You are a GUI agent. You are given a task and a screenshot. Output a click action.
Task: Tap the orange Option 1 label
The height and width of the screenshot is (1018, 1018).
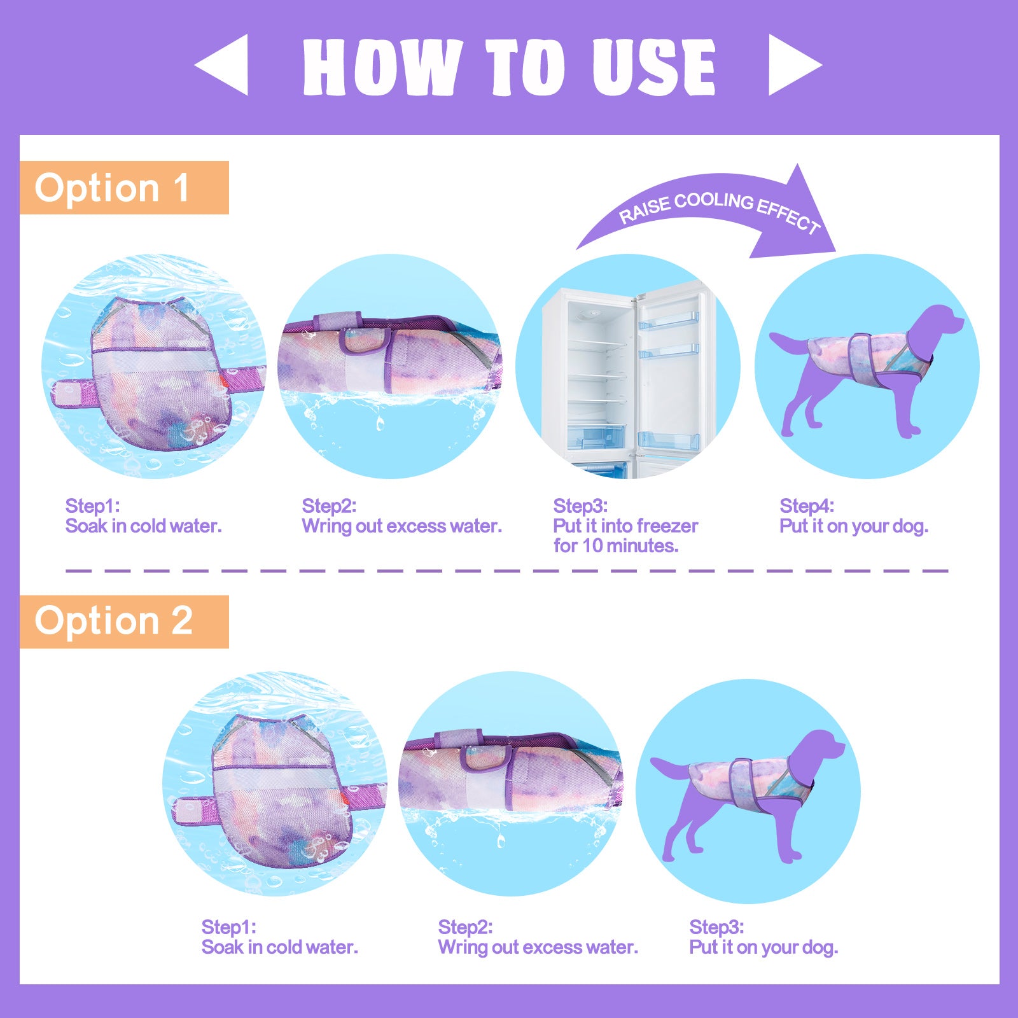[124, 188]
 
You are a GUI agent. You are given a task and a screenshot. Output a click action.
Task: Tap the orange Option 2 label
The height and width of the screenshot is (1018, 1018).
[124, 622]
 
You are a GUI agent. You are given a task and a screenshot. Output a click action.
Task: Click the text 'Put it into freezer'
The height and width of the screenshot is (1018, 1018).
[625, 526]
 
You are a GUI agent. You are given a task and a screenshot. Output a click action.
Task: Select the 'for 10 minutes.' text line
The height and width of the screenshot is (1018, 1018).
[616, 546]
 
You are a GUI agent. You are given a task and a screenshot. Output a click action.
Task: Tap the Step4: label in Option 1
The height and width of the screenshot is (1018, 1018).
[807, 506]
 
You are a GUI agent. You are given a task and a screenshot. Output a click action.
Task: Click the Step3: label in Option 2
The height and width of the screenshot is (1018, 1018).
[716, 927]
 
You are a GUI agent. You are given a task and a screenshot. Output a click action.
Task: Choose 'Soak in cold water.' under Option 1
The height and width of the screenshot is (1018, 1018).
[144, 526]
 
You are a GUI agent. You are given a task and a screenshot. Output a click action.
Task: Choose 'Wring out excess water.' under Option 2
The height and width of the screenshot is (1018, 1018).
[538, 947]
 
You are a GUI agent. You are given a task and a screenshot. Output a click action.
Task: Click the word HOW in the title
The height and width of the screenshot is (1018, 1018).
[382, 67]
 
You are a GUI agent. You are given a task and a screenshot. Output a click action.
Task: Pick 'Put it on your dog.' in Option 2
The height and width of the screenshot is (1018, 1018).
[763, 947]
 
